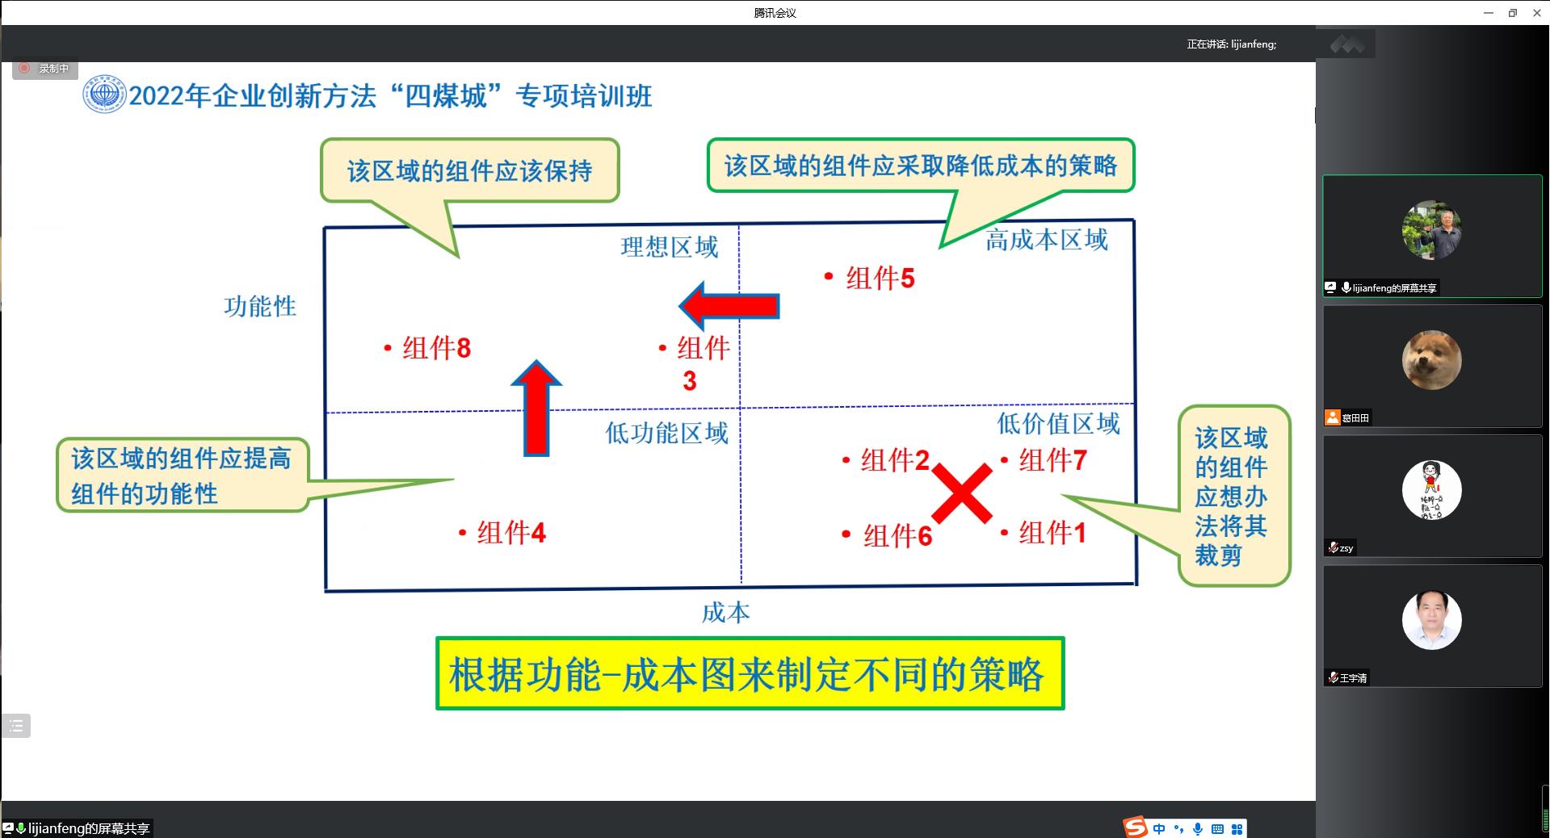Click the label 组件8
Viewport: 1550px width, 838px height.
click(437, 348)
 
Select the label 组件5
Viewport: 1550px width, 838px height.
click(880, 279)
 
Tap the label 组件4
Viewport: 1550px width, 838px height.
click(511, 533)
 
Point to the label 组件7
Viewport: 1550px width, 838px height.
click(1053, 461)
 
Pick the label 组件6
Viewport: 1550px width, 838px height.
click(898, 535)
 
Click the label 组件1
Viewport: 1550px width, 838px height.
click(1053, 533)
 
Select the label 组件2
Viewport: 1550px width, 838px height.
click(895, 460)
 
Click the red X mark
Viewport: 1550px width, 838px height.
click(962, 493)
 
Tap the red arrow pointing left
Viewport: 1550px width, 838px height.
click(729, 306)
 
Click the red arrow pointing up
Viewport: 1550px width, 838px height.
click(536, 409)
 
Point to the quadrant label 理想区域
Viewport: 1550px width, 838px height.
click(670, 247)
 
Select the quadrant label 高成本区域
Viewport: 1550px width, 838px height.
click(1047, 240)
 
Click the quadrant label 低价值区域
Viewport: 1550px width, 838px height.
click(1058, 423)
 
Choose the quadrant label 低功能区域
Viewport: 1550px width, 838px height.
click(667, 433)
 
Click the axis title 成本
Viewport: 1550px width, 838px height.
click(725, 613)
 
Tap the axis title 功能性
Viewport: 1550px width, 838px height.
click(260, 307)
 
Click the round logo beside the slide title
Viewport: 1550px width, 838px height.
click(104, 94)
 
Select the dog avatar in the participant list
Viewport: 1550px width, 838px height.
click(1431, 360)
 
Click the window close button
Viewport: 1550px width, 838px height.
click(1537, 13)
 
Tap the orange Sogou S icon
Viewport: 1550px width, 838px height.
click(1135, 828)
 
